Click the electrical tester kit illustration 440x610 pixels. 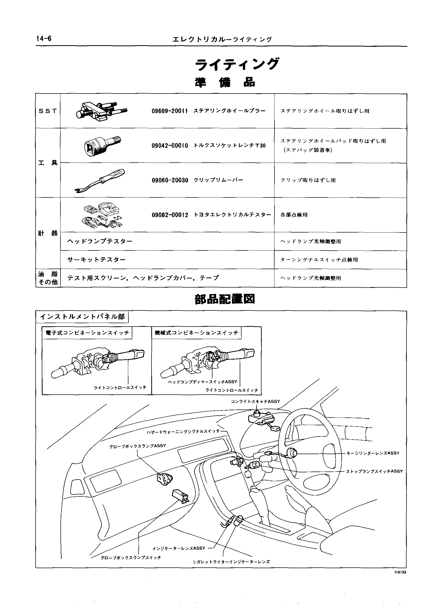(x=101, y=215)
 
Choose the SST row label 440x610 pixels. (x=48, y=111)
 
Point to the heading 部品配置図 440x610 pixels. (x=225, y=299)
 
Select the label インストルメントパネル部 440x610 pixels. (x=82, y=317)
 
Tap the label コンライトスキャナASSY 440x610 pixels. (x=255, y=402)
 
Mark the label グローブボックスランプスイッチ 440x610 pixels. (x=131, y=558)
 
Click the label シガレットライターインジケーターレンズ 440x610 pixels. (x=231, y=562)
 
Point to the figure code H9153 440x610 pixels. (x=400, y=572)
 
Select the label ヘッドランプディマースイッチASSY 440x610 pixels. (x=203, y=382)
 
